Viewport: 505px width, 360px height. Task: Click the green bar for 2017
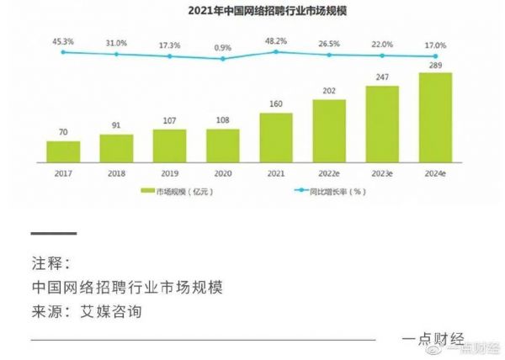[x=63, y=151]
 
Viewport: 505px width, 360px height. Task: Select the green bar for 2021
[x=276, y=137]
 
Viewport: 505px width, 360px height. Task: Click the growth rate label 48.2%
[x=276, y=40]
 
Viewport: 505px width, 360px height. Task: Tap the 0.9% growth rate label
[x=223, y=47]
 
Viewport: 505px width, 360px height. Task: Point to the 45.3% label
[x=63, y=40]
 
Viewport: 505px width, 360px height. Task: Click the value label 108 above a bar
[x=223, y=120]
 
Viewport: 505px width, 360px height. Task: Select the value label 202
[x=329, y=91]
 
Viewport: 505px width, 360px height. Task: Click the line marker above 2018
[x=116, y=54]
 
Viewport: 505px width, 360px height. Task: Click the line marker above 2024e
[x=435, y=56]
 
